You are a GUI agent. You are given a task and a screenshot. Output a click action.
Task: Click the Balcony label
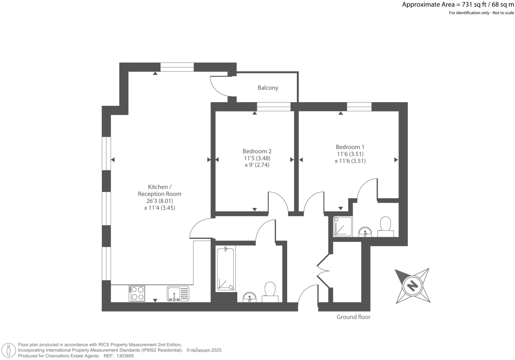pyautogui.click(x=268, y=88)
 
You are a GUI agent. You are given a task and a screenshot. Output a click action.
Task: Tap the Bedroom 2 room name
pyautogui.click(x=257, y=151)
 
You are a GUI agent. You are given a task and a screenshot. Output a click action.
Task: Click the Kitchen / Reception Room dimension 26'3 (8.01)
pyautogui.click(x=160, y=201)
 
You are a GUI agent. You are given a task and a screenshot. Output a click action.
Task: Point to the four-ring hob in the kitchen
pyautogui.click(x=137, y=294)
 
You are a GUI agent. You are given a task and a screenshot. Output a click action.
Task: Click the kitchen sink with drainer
pyautogui.click(x=178, y=294)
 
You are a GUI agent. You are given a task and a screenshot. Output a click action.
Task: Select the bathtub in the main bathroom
pyautogui.click(x=225, y=269)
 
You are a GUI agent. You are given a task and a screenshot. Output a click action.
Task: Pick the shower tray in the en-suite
pyautogui.click(x=343, y=227)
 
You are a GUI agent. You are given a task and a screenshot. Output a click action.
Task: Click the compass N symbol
pyautogui.click(x=413, y=285)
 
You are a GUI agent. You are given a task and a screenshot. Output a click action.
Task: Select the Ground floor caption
pyautogui.click(x=354, y=317)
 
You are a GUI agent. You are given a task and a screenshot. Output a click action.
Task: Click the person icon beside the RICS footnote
pyautogui.click(x=9, y=350)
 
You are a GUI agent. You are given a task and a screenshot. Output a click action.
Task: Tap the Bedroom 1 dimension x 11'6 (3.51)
pyautogui.click(x=350, y=161)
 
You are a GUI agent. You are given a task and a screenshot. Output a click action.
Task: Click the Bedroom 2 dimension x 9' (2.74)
pyautogui.click(x=257, y=165)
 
